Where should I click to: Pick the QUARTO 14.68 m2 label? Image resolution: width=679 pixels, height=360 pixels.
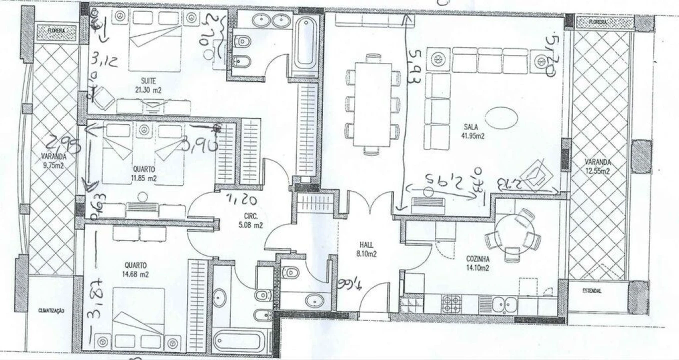pyautogui.click(x=136, y=269)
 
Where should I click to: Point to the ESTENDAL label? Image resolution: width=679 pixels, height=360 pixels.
pyautogui.click(x=592, y=291)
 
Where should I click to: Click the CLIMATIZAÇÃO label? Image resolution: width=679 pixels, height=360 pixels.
pyautogui.click(x=51, y=310)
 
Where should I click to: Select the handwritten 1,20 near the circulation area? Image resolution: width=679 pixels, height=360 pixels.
pyautogui.click(x=241, y=200)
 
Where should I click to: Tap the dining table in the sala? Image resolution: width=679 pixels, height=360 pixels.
pyautogui.click(x=371, y=104)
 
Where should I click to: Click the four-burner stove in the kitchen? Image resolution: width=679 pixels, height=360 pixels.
pyautogui.click(x=451, y=302)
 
